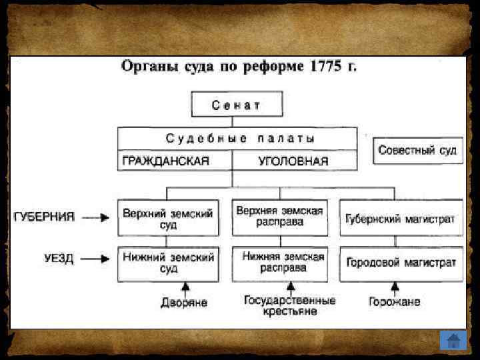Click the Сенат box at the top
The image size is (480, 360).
pos(237,105)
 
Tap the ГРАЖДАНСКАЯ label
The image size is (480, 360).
pos(165,161)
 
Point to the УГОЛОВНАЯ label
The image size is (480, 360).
pos(293,161)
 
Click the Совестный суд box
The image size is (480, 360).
pos(417,150)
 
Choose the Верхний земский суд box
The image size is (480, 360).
pos(168,219)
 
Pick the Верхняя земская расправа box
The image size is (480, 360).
pos(280,216)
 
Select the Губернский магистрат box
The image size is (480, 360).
pos(400,219)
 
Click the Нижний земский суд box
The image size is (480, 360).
pos(168,263)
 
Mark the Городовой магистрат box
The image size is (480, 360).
pos(401,262)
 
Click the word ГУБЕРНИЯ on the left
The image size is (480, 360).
pos(44,217)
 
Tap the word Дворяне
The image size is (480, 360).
pos(184,303)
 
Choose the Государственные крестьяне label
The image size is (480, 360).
pos(289,306)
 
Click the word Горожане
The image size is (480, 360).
pos(395,302)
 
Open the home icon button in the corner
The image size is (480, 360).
pos(453,339)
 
